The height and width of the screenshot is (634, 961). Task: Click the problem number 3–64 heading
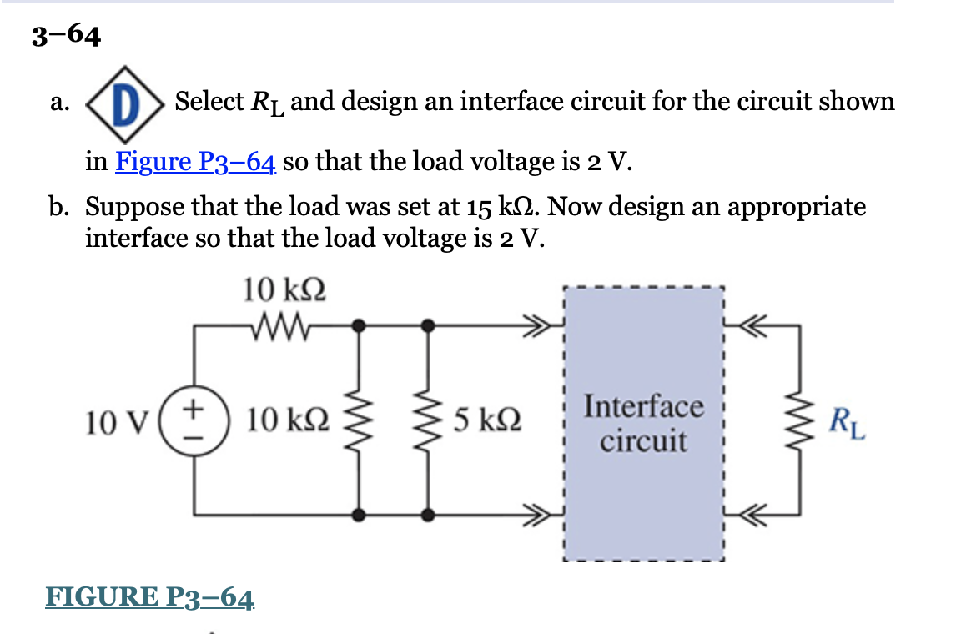click(x=66, y=35)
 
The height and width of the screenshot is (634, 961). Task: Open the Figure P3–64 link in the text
click(x=196, y=161)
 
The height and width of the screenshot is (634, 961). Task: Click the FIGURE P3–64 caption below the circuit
click(x=150, y=597)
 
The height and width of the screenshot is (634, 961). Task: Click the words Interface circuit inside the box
click(x=643, y=424)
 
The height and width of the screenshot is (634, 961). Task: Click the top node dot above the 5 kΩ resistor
click(x=428, y=325)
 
